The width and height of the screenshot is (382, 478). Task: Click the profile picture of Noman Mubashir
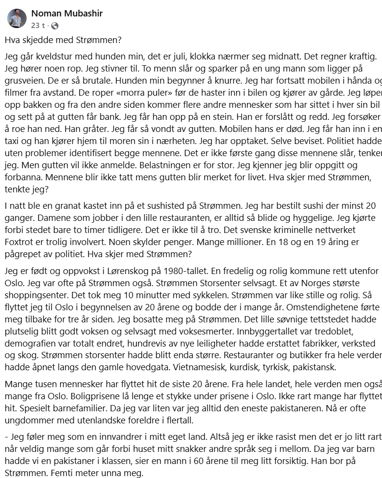(x=16, y=18)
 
